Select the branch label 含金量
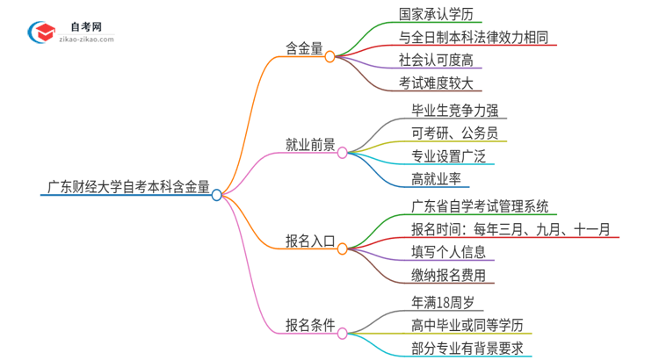pyautogui.click(x=303, y=47)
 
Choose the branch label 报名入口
pyautogui.click(x=310, y=241)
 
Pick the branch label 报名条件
pyautogui.click(x=310, y=325)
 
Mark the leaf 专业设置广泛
pyautogui.click(x=448, y=156)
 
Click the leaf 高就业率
pyautogui.click(x=437, y=179)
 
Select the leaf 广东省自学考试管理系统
pyautogui.click(x=480, y=206)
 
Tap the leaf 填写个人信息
pyautogui.click(x=448, y=252)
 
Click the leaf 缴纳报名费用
pyautogui.click(x=448, y=275)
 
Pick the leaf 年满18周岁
pyautogui.click(x=443, y=302)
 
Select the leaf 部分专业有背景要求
pyautogui.click(x=467, y=348)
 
